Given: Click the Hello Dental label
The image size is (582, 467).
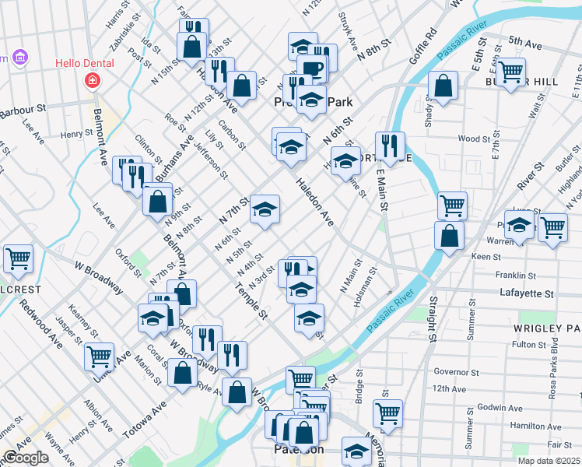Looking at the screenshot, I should click(84, 63).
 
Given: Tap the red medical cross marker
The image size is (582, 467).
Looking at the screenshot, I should click(93, 79).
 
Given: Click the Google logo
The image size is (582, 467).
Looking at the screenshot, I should click(25, 458).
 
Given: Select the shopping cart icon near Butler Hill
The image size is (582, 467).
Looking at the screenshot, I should click(510, 72).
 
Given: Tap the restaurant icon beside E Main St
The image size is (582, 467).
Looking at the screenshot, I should click(389, 145).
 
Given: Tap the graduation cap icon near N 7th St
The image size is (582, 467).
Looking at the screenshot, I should click(265, 209).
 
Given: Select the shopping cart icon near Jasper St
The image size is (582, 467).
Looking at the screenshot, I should click(99, 356).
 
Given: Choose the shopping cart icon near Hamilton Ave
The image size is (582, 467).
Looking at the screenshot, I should click(387, 413).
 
